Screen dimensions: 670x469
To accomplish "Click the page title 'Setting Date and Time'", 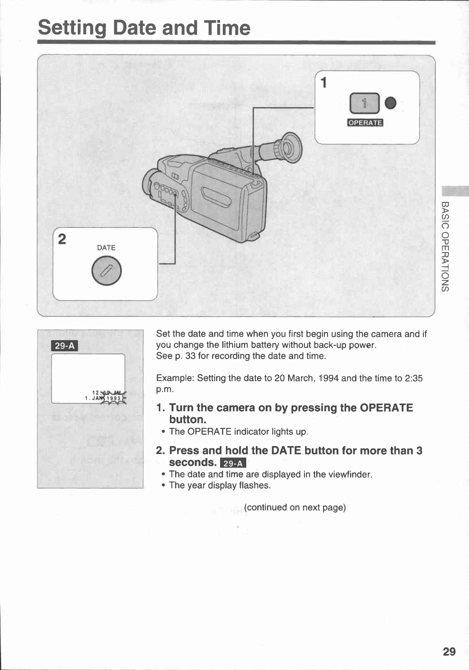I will [144, 28].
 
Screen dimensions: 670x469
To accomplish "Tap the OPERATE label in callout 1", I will [365, 123].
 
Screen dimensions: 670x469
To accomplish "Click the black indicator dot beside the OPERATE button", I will [390, 103].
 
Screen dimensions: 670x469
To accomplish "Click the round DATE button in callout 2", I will [106, 270].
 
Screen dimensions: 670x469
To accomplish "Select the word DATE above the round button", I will [106, 248].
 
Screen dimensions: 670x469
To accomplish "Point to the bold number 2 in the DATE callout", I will [62, 239].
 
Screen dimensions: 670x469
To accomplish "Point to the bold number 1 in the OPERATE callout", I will [324, 83].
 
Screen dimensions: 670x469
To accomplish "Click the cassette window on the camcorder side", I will [216, 196].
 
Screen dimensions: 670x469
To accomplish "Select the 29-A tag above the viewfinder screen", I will [65, 346].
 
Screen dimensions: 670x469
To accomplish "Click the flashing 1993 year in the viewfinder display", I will [114, 398].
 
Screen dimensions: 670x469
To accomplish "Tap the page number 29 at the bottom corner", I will [449, 651].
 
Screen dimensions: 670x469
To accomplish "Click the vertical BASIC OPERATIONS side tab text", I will [445, 246].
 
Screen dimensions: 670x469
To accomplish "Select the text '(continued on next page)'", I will [295, 507].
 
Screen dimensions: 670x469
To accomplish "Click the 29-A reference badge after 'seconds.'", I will [233, 463].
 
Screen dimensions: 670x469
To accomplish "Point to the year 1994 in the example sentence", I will [328, 378].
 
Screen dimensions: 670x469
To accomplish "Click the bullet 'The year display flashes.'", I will [220, 485].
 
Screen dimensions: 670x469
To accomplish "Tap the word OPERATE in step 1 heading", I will [386, 408].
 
